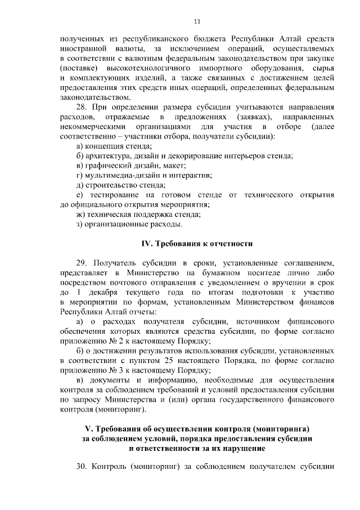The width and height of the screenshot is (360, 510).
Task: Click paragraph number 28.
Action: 82,106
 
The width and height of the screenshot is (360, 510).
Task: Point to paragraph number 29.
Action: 82,262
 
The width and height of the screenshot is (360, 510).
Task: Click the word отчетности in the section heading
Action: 229,244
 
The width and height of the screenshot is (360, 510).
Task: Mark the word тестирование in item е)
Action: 111,194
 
